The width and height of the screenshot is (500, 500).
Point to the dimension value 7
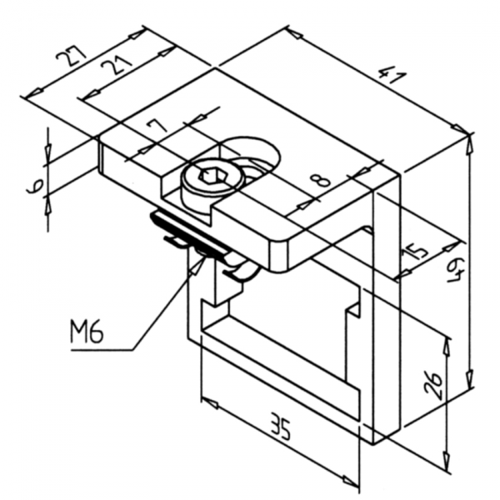point(156,127)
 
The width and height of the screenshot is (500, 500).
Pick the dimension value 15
point(419,251)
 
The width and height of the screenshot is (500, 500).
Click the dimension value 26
point(434,385)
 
